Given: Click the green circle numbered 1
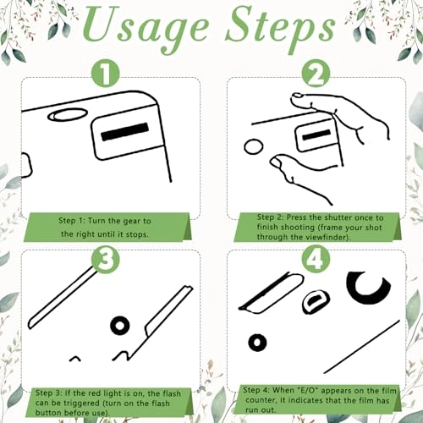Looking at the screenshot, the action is tap(106, 74).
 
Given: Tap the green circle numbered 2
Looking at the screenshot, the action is tap(316, 74).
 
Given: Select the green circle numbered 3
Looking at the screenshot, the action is tap(106, 259).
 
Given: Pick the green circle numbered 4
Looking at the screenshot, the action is tap(316, 259).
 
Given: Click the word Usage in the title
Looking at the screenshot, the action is tap(146, 28).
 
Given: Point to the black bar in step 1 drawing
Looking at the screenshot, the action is tap(124, 132).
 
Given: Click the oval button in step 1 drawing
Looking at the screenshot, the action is tap(68, 114).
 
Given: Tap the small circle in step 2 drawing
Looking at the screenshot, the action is tap(254, 146).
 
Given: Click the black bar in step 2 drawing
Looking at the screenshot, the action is tap(316, 135).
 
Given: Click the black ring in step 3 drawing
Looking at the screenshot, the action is tap(120, 326).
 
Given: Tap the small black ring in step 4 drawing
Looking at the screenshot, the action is tap(257, 343).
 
